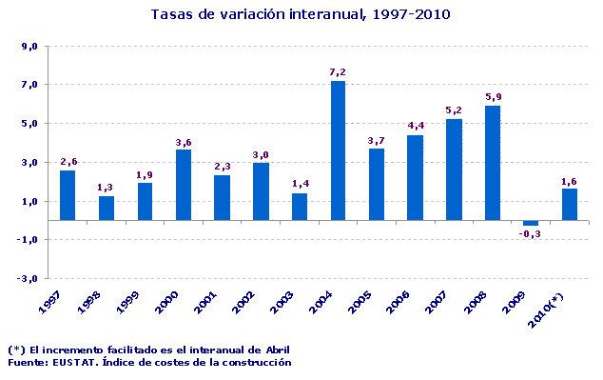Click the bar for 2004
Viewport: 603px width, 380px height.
point(338,150)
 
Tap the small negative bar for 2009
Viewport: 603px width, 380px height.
point(531,223)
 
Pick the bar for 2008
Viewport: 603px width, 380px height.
point(492,163)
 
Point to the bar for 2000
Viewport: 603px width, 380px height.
point(184,185)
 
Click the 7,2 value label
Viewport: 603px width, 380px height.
point(339,71)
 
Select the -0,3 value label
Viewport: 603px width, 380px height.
point(531,234)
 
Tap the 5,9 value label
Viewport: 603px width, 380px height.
point(493,96)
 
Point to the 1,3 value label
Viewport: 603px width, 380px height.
point(107,187)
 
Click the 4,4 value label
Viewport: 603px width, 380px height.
point(416,126)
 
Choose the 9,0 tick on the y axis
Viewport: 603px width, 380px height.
point(29,47)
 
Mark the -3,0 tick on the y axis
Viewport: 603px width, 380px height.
point(28,279)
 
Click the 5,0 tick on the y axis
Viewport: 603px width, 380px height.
point(29,124)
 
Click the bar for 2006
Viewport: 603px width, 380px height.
point(415,178)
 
